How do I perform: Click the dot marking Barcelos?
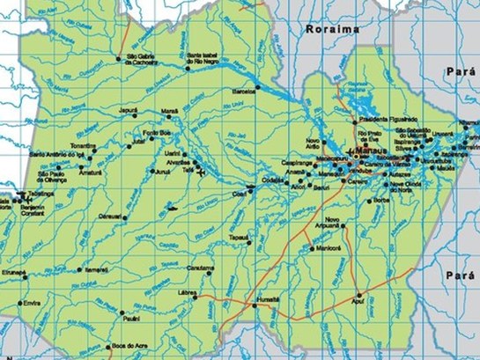coord(257,87)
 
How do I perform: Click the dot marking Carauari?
coord(124,217)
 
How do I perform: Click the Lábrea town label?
coord(187,291)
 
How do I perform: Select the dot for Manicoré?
coord(312,249)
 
